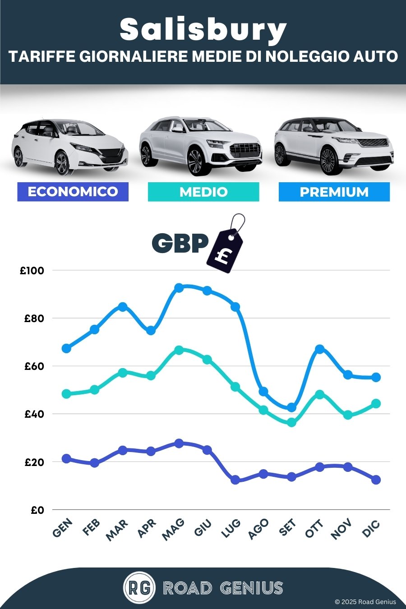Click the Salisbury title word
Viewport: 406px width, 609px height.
pyautogui.click(x=203, y=29)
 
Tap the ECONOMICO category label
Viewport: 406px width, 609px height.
pyautogui.click(x=73, y=192)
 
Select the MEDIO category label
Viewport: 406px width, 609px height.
pyautogui.click(x=203, y=192)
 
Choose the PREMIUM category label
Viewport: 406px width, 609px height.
pyautogui.click(x=334, y=192)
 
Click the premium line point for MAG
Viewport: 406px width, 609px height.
pyautogui.click(x=179, y=288)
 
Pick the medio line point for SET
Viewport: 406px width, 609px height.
pyautogui.click(x=291, y=423)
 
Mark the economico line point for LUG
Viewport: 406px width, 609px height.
pyautogui.click(x=235, y=480)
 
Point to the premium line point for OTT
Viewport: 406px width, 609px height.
pyautogui.click(x=319, y=349)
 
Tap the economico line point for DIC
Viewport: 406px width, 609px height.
pyautogui.click(x=376, y=480)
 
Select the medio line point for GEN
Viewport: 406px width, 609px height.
pyautogui.click(x=66, y=394)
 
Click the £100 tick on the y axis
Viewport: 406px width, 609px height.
pyautogui.click(x=32, y=271)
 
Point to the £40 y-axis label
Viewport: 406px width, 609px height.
pyautogui.click(x=34, y=414)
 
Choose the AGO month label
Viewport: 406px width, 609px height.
pyautogui.click(x=259, y=529)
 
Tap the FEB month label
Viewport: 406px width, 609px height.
pyautogui.click(x=92, y=527)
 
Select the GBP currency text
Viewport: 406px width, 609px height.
pyautogui.click(x=180, y=243)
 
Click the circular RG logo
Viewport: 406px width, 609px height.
pyautogui.click(x=139, y=588)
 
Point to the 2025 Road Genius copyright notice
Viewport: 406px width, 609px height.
pyautogui.click(x=365, y=602)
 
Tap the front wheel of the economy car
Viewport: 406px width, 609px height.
pyautogui.click(x=62, y=162)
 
